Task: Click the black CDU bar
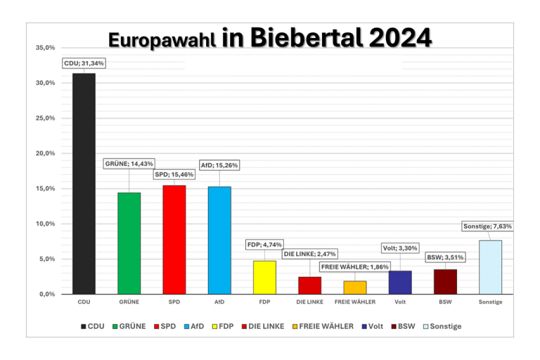[84, 184]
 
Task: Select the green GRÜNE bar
[129, 243]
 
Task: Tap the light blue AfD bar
[219, 240]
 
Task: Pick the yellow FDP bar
[264, 277]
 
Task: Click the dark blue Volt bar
[400, 282]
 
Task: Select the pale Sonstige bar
[490, 266]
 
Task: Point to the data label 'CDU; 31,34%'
[84, 63]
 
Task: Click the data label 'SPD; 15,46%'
[174, 174]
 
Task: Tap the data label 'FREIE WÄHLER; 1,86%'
[354, 267]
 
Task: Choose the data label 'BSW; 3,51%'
[445, 257]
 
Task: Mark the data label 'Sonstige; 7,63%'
[487, 226]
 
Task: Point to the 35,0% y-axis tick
[45, 48]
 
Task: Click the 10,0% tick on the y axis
[45, 224]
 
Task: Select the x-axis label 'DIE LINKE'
[309, 302]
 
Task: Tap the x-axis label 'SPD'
[174, 302]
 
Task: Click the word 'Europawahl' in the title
[162, 39]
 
